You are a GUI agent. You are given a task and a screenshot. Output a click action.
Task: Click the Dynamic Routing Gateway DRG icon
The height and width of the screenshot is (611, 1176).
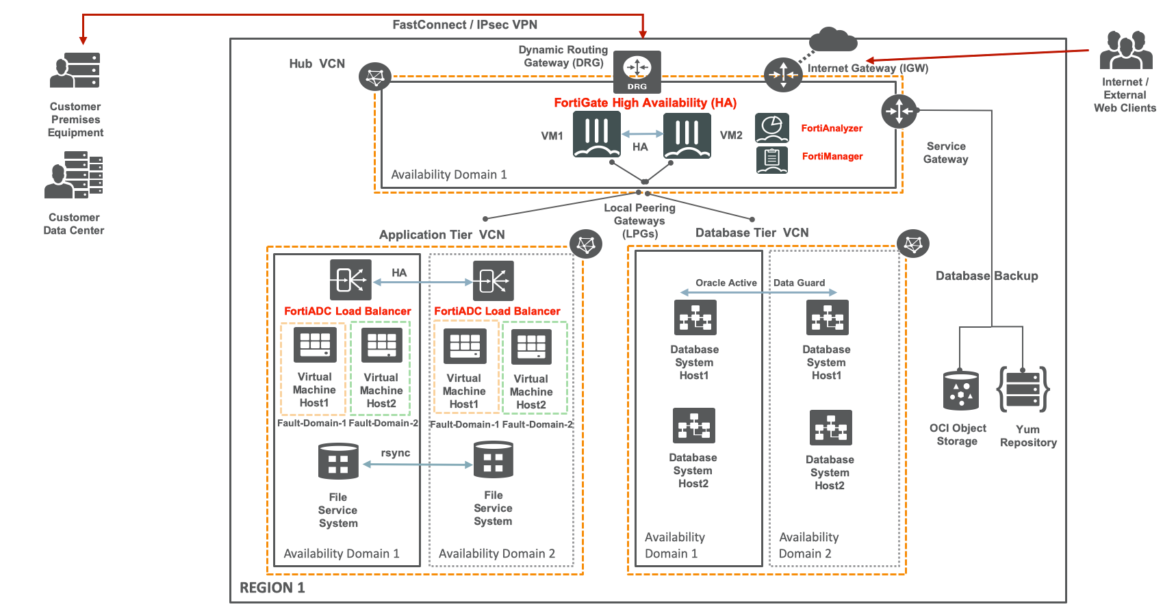637,71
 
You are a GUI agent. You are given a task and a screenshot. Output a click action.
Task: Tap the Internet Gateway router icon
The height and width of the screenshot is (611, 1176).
782,75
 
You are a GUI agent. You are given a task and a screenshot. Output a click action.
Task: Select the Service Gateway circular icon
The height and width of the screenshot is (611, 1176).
899,111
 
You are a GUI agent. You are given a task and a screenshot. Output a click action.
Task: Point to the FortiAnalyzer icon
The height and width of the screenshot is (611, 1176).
772,128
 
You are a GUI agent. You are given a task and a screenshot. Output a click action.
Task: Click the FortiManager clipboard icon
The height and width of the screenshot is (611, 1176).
772,159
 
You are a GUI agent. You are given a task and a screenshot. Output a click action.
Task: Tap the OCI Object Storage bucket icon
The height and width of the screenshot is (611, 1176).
960,390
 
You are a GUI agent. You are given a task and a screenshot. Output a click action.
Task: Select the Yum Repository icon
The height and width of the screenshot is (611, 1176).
1023,389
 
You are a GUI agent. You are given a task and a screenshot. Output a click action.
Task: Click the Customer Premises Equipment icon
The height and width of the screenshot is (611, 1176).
75,70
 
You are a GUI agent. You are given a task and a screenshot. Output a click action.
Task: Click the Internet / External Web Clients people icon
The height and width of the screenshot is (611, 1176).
1125,50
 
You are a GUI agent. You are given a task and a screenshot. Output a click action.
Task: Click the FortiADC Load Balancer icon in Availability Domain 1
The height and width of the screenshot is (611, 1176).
350,280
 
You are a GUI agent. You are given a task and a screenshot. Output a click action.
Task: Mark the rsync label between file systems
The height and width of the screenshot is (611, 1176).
396,453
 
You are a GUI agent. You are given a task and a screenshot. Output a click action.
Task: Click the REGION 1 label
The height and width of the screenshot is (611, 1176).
272,588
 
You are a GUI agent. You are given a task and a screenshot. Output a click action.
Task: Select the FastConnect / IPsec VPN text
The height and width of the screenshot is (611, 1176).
464,25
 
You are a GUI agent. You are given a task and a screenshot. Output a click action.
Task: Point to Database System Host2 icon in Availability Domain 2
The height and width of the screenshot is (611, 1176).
830,428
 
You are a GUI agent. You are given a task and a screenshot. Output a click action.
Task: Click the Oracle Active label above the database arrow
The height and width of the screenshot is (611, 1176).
726,283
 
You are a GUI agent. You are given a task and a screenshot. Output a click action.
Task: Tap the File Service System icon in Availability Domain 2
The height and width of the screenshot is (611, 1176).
493,459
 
